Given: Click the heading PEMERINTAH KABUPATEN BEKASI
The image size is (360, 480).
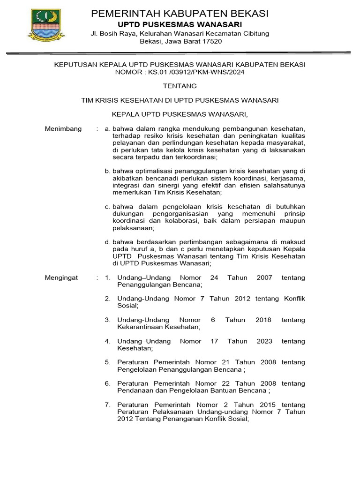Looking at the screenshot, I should pyautogui.click(x=180, y=14).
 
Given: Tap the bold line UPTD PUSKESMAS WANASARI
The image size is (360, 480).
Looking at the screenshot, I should pyautogui.click(x=180, y=24).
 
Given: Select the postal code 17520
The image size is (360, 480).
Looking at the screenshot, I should pyautogui.click(x=212, y=41).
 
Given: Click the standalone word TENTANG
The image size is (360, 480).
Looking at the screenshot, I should pyautogui.click(x=180, y=86).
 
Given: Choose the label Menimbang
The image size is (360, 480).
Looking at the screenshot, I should pyautogui.click(x=63, y=128).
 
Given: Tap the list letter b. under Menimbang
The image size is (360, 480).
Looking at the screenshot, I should pyautogui.click(x=107, y=171).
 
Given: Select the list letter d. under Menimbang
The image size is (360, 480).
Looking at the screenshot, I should pyautogui.click(x=107, y=242).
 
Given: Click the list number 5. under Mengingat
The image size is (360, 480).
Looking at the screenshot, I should pyautogui.click(x=107, y=362).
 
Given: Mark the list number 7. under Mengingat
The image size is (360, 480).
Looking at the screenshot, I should pyautogui.click(x=107, y=405).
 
